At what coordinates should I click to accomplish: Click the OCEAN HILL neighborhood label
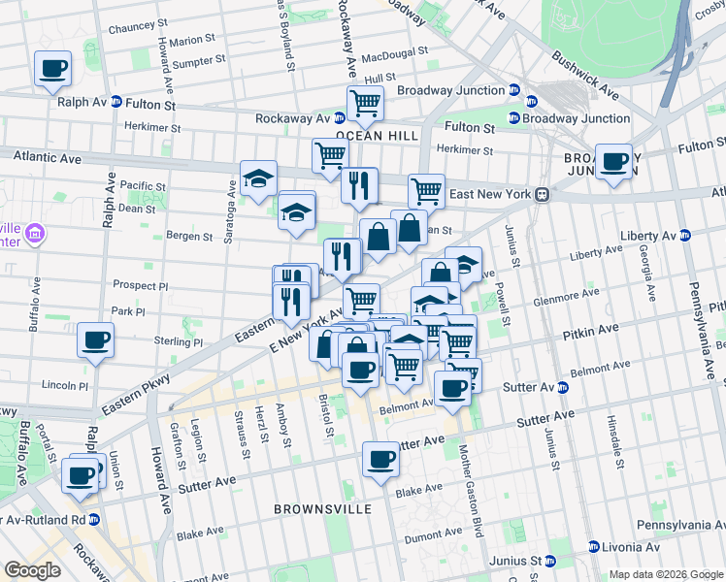[369, 137]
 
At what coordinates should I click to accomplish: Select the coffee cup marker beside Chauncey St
[53, 69]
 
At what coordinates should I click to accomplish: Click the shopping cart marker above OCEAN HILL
[365, 103]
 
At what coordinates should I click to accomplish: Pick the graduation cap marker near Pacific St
[259, 178]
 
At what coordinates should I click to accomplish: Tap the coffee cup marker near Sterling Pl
[95, 340]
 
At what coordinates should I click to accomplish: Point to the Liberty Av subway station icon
[685, 235]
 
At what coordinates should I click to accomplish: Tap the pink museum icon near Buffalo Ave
[36, 233]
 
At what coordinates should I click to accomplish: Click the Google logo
[32, 570]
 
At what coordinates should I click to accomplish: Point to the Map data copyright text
[666, 574]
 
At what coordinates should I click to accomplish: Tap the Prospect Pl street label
[141, 287]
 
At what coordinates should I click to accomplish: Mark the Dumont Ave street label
[434, 535]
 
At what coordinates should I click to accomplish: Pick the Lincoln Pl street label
[65, 385]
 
